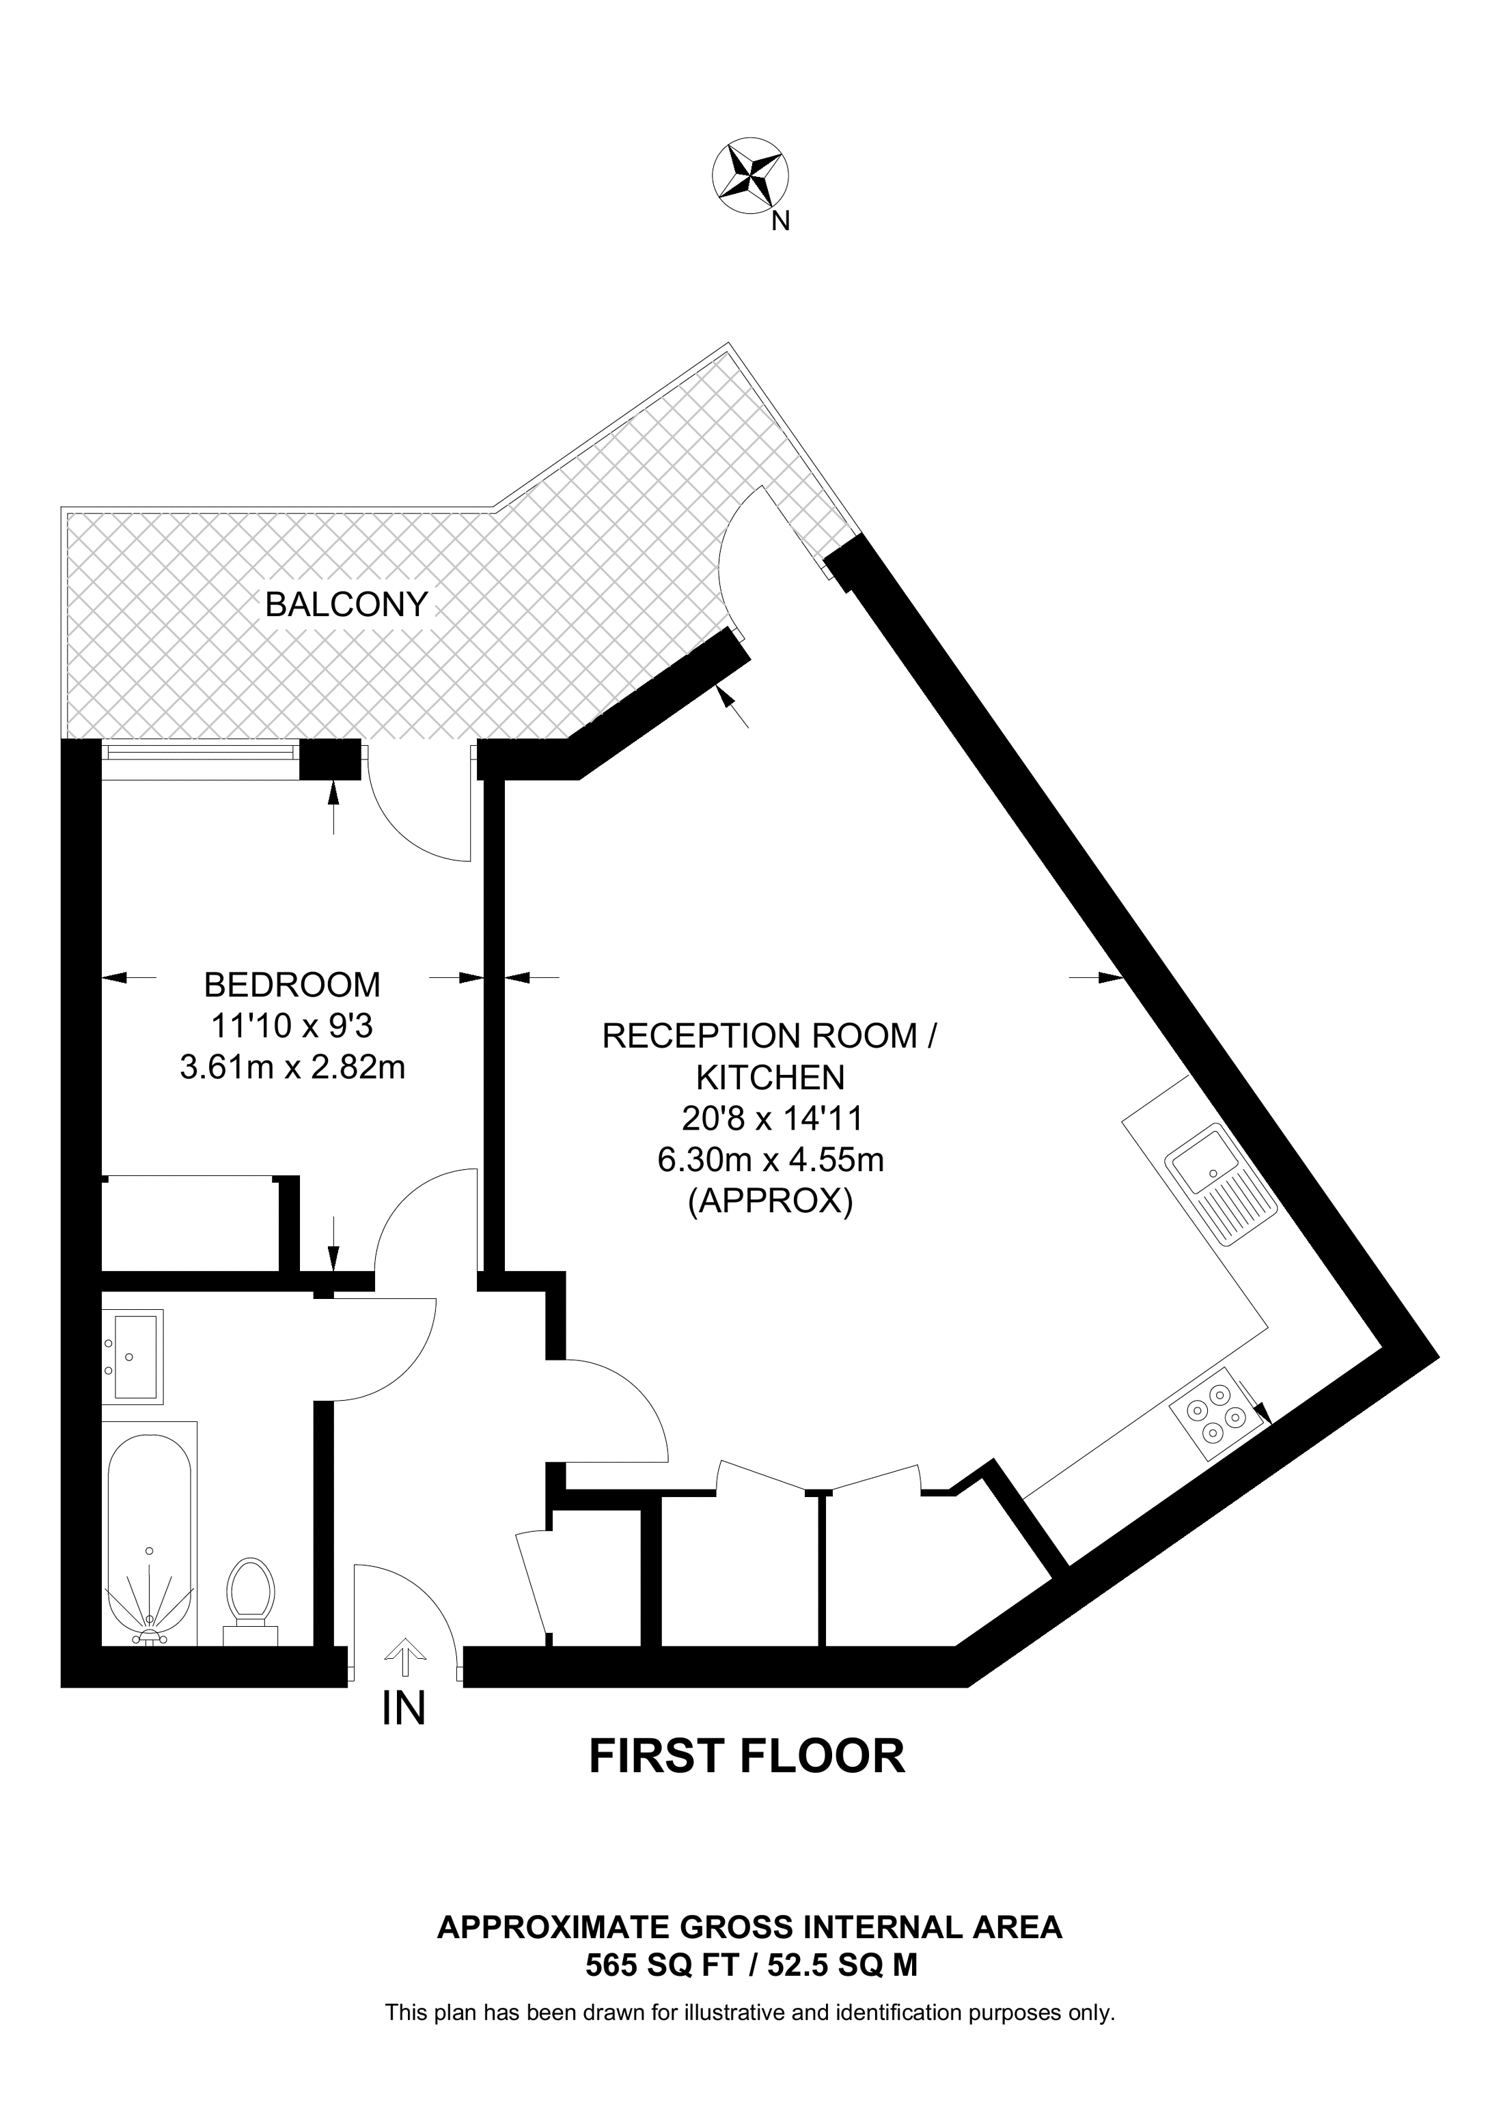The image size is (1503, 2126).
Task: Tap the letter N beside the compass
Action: coord(782,221)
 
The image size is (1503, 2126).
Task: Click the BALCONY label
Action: coord(346,604)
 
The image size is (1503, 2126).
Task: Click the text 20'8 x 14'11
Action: coord(771,1119)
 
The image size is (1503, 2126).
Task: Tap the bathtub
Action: coord(149,1535)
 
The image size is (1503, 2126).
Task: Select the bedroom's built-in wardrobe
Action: coord(190,1223)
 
